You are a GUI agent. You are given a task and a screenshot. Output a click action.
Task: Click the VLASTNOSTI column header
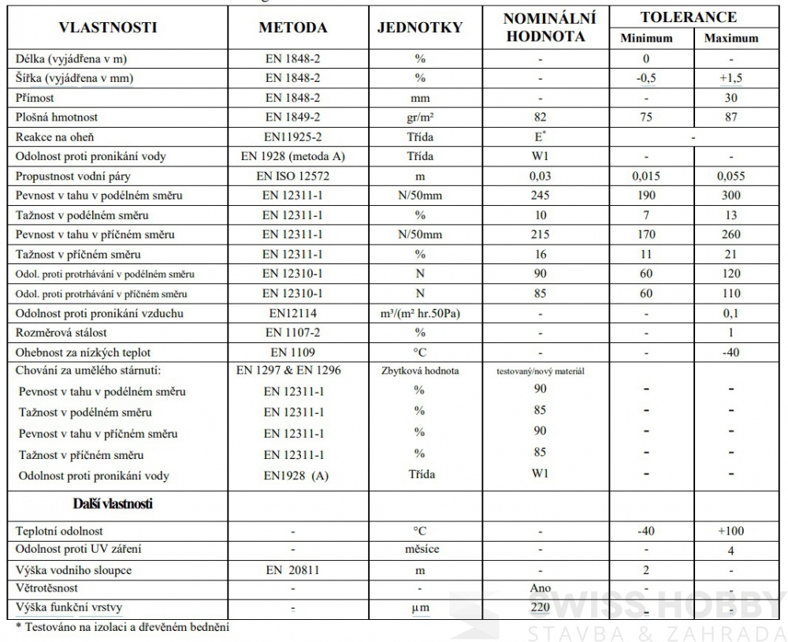tap(107, 28)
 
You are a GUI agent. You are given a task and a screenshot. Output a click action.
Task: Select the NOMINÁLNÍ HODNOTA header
tap(548, 27)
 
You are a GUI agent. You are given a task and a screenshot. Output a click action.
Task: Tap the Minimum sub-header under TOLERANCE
tap(646, 38)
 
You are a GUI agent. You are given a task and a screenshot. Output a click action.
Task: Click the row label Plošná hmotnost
tap(57, 118)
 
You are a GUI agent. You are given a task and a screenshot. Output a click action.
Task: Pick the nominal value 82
tap(540, 118)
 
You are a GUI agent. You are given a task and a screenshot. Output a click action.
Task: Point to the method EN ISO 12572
tap(293, 176)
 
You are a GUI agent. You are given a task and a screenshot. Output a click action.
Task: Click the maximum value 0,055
tap(730, 176)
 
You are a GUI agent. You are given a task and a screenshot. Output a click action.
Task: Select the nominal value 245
tap(540, 196)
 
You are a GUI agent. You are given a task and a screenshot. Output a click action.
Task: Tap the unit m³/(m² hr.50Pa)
tap(419, 314)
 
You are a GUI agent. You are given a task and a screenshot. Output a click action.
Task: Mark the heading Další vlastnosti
tap(113, 503)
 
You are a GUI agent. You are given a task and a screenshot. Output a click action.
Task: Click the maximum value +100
tap(730, 531)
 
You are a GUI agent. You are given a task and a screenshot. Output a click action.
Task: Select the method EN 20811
tap(293, 569)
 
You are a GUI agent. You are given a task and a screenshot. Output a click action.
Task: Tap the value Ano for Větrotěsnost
tap(541, 588)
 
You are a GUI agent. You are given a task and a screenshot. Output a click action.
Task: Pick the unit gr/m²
tap(419, 118)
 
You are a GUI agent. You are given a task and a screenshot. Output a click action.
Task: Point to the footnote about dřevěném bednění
tap(122, 628)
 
